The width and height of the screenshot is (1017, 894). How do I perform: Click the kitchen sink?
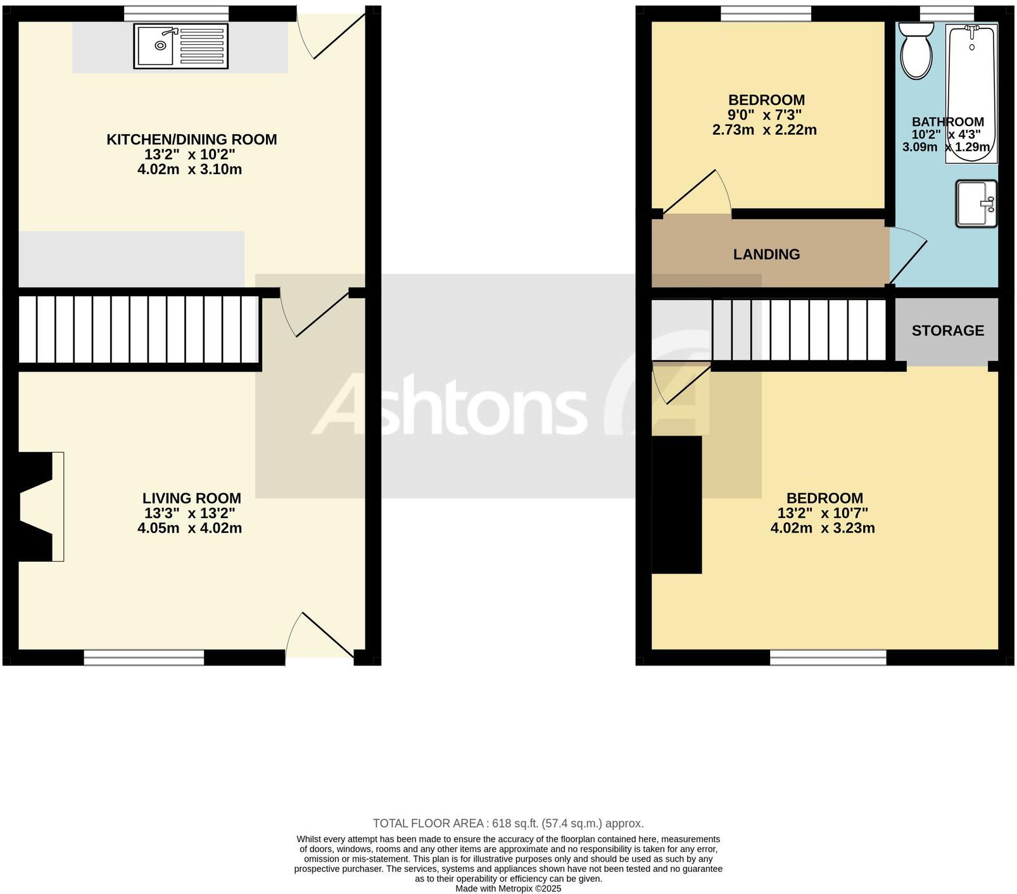(x=180, y=46)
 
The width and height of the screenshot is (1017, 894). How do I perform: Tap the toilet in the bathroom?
(x=916, y=51)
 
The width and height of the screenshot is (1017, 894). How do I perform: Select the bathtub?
(x=970, y=92)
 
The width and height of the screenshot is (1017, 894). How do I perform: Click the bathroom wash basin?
(x=976, y=203)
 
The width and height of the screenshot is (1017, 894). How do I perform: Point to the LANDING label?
(x=766, y=255)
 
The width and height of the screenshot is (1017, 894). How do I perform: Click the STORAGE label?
(x=947, y=331)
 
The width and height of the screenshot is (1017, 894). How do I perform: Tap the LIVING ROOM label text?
(x=191, y=498)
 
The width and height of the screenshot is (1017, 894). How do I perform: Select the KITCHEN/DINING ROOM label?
(x=191, y=139)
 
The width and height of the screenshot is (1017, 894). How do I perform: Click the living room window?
(x=144, y=658)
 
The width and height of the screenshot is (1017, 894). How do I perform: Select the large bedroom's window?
(x=828, y=658)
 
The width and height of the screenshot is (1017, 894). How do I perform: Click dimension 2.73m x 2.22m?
(x=764, y=130)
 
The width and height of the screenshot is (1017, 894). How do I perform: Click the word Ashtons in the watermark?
(x=450, y=405)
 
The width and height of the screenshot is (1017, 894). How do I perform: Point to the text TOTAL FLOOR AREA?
(x=427, y=824)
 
